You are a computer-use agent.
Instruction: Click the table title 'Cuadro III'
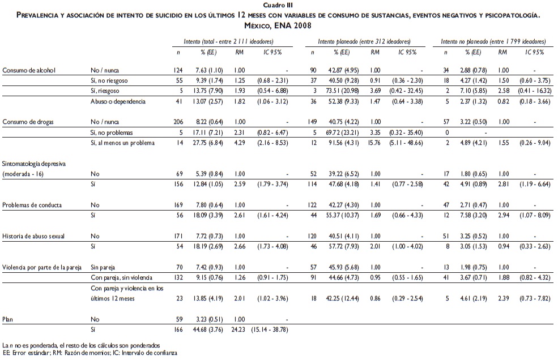point(278,4)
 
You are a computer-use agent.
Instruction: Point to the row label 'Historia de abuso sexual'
point(35,235)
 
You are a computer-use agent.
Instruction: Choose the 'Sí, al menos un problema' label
point(122,143)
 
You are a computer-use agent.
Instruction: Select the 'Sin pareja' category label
point(104,266)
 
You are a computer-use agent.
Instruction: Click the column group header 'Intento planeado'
point(364,42)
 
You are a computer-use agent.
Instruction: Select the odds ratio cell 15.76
point(375,143)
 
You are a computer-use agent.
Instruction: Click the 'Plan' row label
point(8,318)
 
